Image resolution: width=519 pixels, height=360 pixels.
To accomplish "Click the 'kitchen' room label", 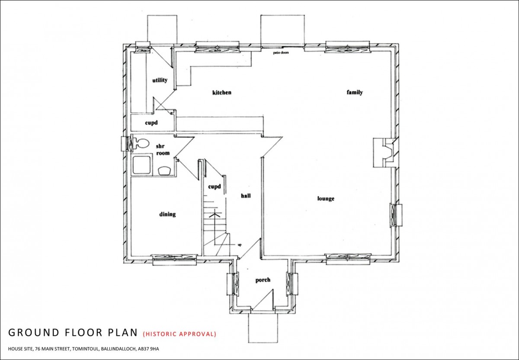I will point(222,93).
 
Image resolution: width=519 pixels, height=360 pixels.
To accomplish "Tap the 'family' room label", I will point(355,92).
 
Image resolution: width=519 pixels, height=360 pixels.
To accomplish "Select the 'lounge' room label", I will point(326,199).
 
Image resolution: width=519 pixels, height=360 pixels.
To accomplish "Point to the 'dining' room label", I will point(167,214).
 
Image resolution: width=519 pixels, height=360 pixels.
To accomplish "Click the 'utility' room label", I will point(159,80).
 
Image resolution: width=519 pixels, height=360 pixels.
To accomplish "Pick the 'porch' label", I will point(263,280).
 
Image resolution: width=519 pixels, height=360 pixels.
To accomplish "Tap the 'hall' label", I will point(246,196).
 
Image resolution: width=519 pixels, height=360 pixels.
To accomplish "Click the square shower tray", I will point(141,165).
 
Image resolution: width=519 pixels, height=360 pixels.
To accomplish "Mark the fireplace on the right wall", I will point(383,152).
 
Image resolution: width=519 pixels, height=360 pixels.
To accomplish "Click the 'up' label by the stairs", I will point(239,245).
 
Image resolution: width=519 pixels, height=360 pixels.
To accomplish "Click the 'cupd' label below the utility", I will point(151,123).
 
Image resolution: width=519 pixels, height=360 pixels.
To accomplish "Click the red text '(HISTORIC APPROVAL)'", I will point(179,334).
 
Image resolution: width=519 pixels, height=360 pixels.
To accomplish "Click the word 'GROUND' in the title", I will point(32,333).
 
